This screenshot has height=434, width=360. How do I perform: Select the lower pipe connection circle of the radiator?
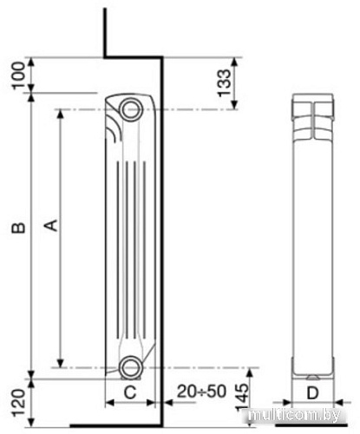[131, 365]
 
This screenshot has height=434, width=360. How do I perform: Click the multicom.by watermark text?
[299, 418]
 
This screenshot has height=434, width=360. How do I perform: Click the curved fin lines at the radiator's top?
[115, 130]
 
